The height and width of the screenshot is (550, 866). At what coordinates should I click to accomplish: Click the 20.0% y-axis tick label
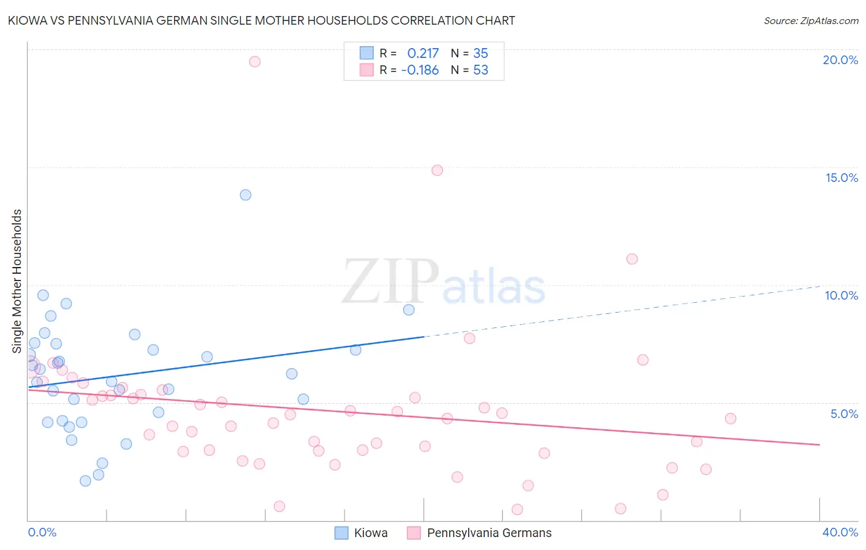click(840, 60)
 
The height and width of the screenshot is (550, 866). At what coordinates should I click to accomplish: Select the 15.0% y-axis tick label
click(841, 178)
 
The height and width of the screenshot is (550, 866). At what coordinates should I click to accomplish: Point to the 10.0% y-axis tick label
click(841, 295)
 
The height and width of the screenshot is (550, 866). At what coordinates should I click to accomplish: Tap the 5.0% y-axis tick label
click(844, 414)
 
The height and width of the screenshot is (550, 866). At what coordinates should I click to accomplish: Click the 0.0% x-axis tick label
click(42, 532)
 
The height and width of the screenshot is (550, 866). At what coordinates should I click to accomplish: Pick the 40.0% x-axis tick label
click(840, 532)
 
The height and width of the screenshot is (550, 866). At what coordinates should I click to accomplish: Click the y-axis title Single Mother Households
click(17, 281)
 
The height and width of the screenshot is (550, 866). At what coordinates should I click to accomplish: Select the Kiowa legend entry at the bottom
click(361, 533)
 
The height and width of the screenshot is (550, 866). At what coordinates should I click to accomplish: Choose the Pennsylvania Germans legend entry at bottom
click(479, 533)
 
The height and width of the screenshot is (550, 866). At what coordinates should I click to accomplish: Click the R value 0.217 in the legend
click(423, 53)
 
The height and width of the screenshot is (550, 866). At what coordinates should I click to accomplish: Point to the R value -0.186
click(420, 70)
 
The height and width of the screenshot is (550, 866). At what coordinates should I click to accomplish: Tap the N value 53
click(480, 70)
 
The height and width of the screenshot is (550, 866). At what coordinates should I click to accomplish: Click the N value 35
click(480, 53)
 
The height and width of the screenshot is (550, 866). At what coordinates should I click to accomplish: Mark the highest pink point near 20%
click(254, 62)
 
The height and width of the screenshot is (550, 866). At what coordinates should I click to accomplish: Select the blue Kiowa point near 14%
click(246, 195)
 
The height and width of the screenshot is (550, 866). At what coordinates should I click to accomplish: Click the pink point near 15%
click(437, 170)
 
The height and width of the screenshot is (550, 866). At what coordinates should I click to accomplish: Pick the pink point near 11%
click(632, 259)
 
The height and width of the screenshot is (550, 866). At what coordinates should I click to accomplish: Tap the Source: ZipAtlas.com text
click(811, 20)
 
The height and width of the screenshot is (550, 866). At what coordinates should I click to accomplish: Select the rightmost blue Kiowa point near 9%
click(409, 310)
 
